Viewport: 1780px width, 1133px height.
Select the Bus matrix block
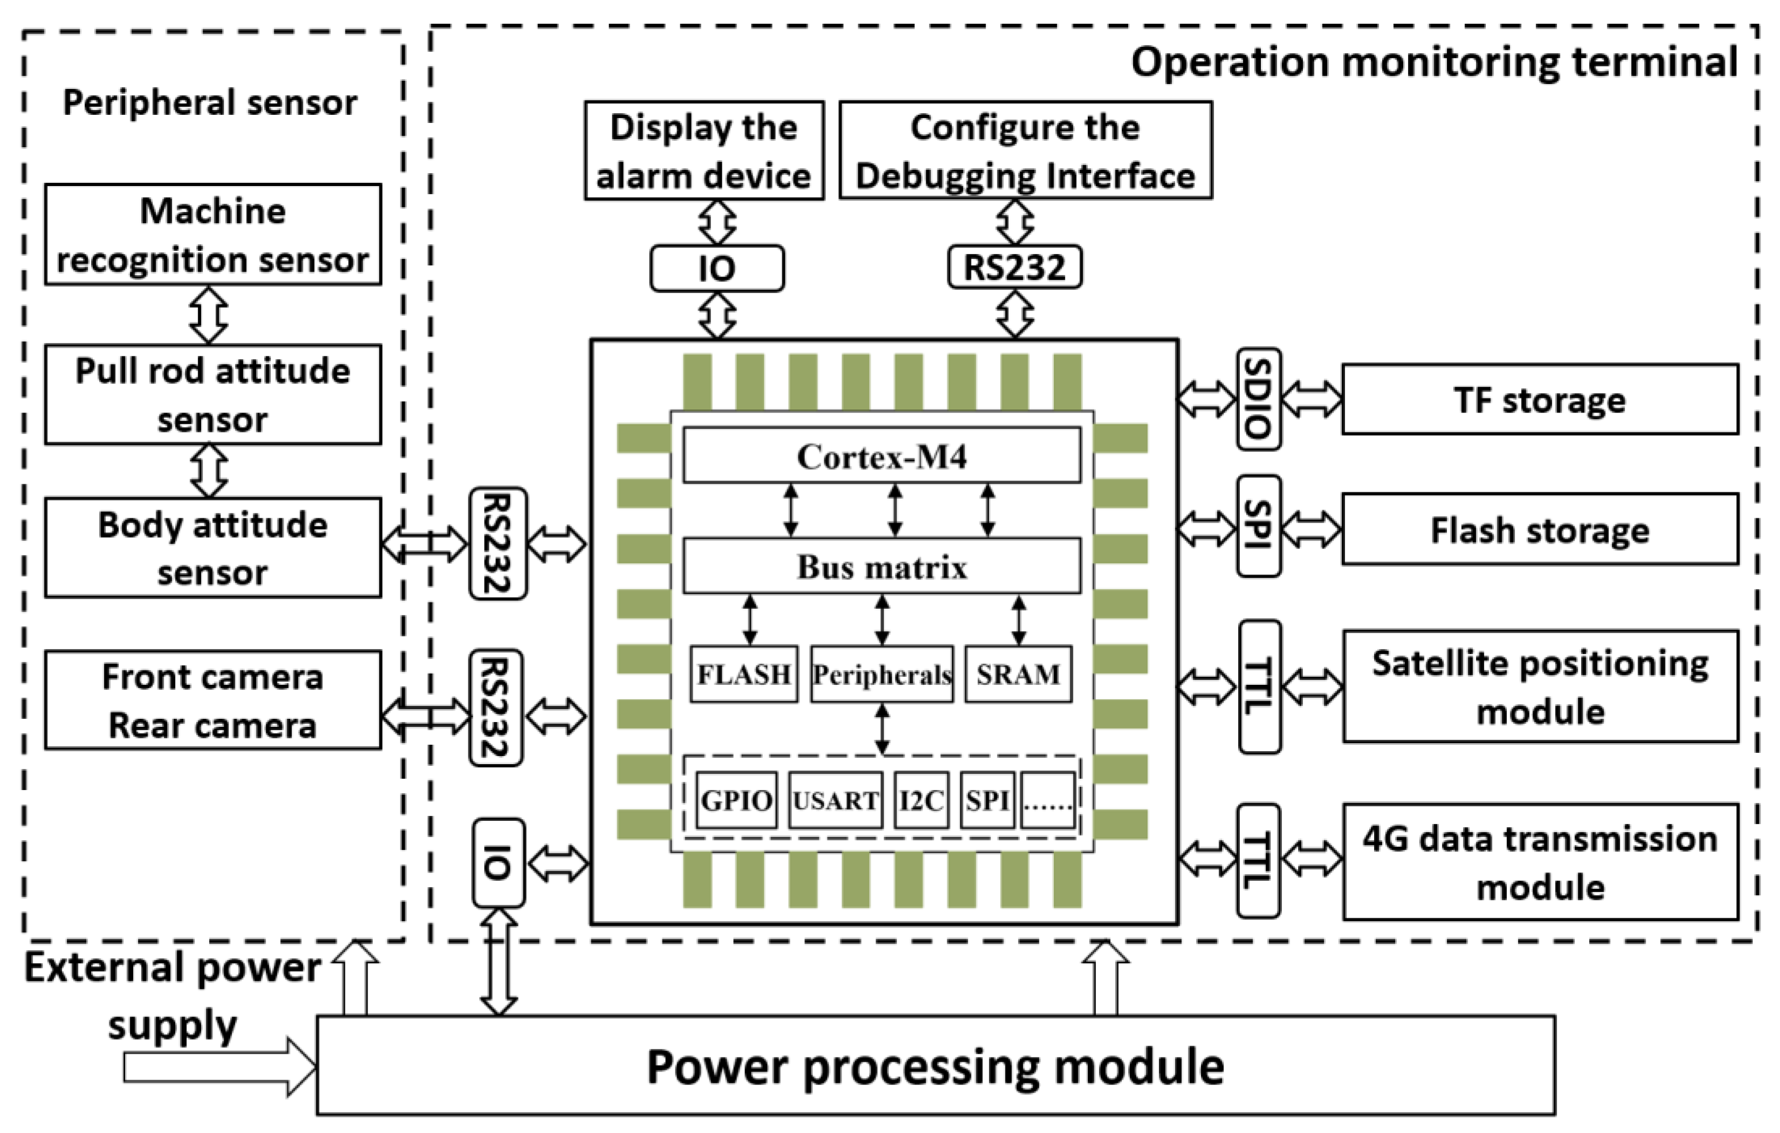(x=881, y=566)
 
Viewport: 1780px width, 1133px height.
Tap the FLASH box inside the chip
(x=743, y=674)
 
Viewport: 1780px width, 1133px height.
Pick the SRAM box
(x=1018, y=674)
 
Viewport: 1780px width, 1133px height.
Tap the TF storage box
(x=1540, y=400)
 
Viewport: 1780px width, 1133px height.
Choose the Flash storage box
(x=1540, y=530)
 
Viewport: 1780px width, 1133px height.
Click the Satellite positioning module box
(x=1540, y=686)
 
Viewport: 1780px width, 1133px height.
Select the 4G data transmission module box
(x=1540, y=862)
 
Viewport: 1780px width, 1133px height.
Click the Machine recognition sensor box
(x=213, y=235)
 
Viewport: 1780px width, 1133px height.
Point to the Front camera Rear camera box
(x=213, y=699)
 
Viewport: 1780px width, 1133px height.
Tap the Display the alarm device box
(x=703, y=151)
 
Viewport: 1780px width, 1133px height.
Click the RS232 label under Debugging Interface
(x=1014, y=267)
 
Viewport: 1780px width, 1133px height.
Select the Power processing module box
(x=935, y=1065)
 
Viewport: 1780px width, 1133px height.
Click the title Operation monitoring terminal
(x=1433, y=62)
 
